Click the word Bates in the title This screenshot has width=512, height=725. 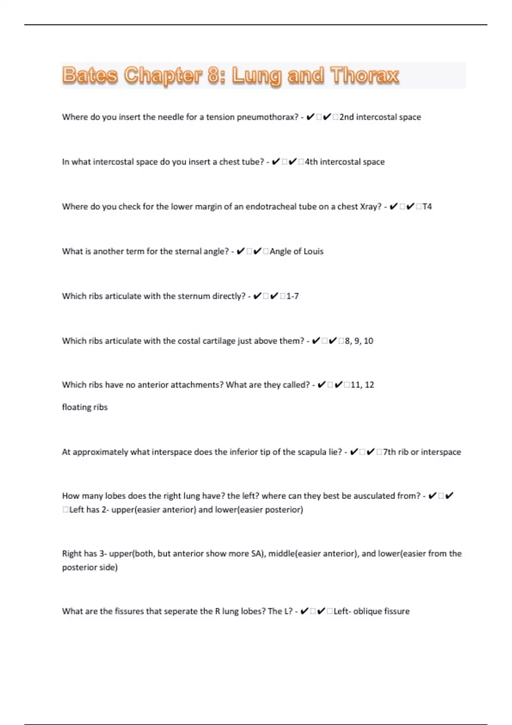(90, 75)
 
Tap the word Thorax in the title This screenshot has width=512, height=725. (365, 75)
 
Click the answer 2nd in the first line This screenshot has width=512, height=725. (346, 117)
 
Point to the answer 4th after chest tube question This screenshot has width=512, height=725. (311, 162)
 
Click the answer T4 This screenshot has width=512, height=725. (427, 206)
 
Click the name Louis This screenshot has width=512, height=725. (313, 251)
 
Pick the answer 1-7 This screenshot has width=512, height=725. (292, 296)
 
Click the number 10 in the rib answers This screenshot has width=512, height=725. (368, 341)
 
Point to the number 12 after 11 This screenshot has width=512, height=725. (369, 385)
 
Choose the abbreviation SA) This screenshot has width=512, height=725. (259, 554)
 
